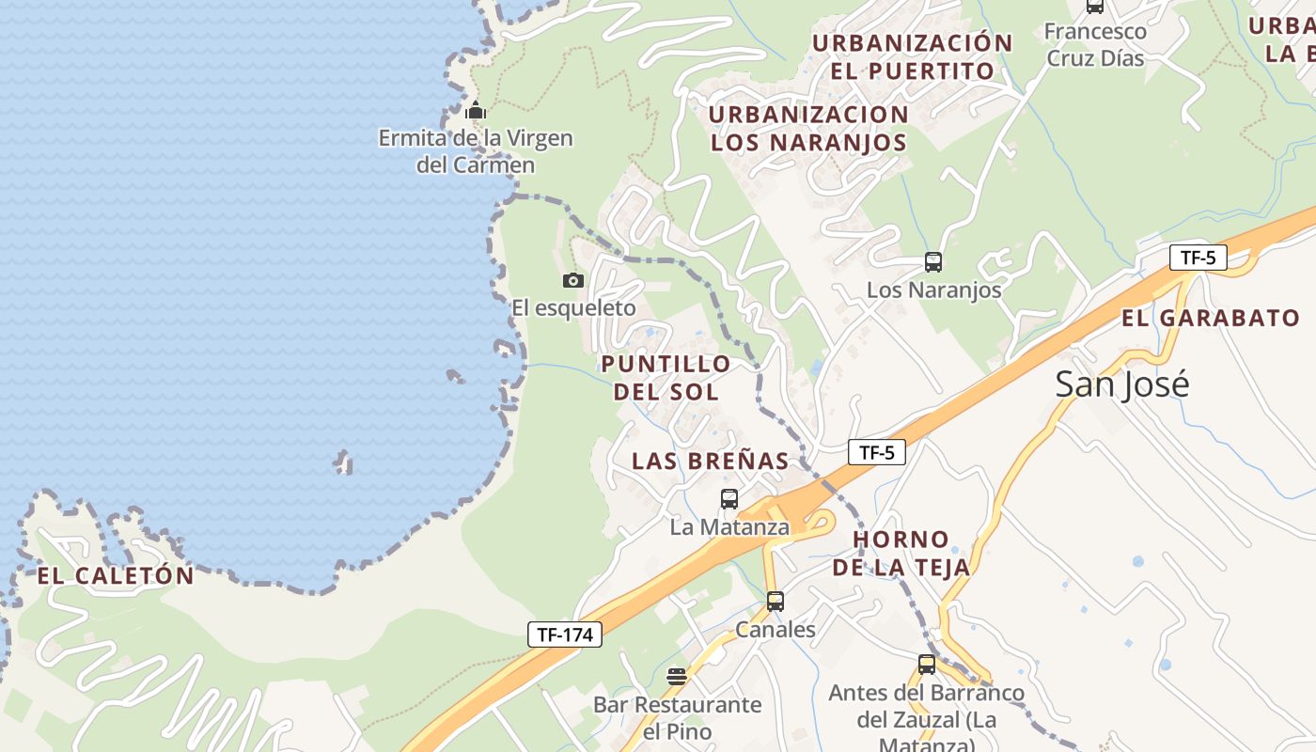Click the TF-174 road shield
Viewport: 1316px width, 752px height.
[564, 634]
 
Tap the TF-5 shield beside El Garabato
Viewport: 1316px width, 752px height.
[1198, 258]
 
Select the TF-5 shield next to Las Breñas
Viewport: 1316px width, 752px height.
[876, 452]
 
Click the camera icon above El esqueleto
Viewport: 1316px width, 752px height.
[572, 280]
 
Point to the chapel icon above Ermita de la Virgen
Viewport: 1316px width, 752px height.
[476, 111]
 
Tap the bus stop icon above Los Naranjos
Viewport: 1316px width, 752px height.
[932, 262]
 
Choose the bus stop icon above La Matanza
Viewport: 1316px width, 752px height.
[728, 499]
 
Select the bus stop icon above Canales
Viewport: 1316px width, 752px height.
[775, 602]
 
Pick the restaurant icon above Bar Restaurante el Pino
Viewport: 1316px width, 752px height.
[676, 677]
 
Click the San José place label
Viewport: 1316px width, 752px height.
[1121, 384]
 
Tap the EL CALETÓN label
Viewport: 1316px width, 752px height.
[116, 575]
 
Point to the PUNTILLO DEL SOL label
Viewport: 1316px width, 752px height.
[666, 377]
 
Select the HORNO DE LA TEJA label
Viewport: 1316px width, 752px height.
[901, 553]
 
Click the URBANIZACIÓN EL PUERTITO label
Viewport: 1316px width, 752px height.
[912, 56]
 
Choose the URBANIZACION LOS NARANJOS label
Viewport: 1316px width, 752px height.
[808, 128]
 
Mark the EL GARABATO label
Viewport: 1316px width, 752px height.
[1211, 318]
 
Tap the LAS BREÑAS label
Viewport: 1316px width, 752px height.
[710, 461]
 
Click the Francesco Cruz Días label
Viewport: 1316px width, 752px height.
[1095, 44]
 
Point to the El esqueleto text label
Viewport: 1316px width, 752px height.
[573, 308]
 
